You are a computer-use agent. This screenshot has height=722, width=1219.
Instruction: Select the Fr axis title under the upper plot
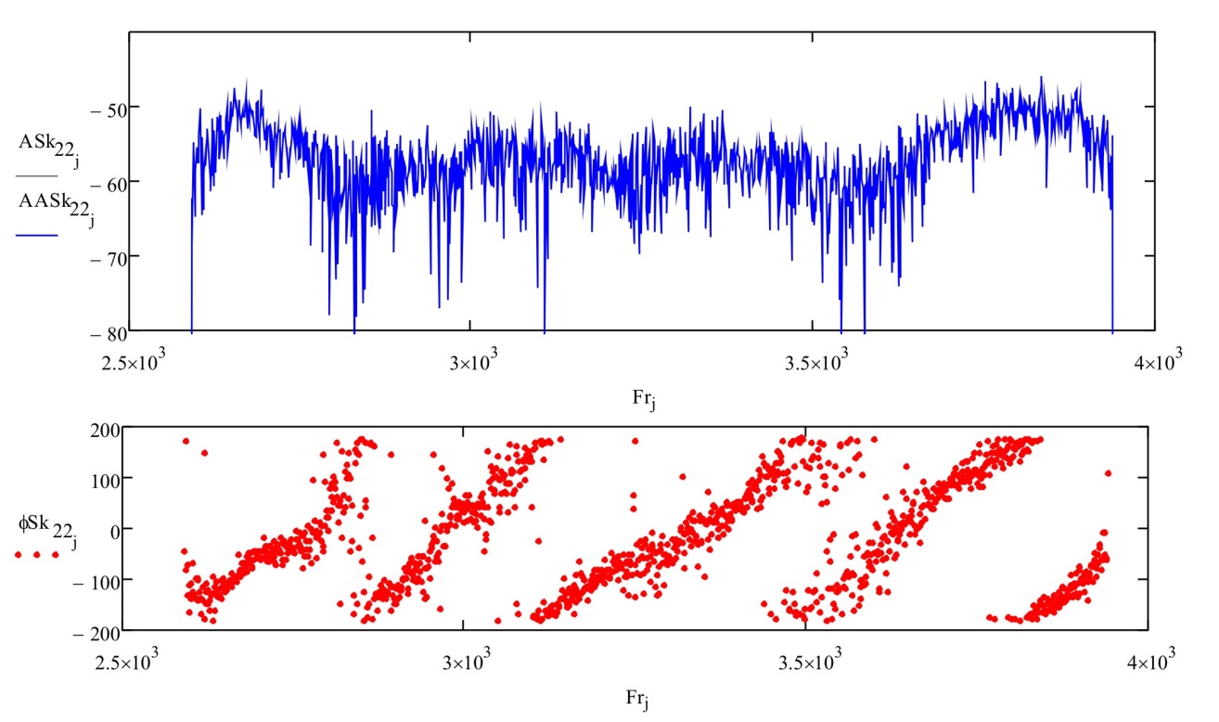[x=641, y=399]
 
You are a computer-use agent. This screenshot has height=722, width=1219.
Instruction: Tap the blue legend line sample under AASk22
[x=37, y=236]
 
